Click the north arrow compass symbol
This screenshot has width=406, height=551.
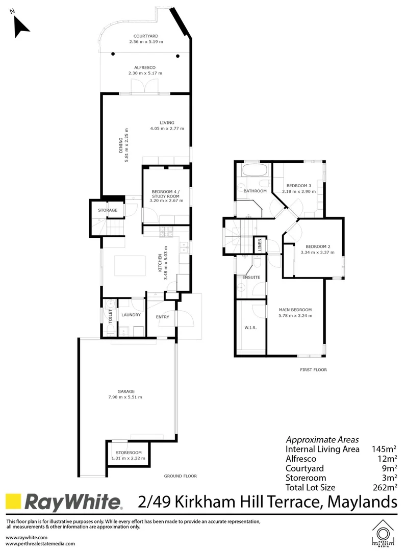pos(20,26)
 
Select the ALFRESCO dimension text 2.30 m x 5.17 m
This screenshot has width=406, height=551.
pos(145,73)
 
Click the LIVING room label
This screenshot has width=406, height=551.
pos(167,122)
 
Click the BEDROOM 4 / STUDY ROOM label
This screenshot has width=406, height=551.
pos(166,194)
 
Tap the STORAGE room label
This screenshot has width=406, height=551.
pos(108,210)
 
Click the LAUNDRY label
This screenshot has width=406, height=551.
pos(131,315)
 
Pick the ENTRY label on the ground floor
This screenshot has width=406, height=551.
pos(162,317)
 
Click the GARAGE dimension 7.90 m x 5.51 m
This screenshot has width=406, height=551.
pos(125,397)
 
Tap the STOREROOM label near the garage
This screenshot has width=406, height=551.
pos(128,453)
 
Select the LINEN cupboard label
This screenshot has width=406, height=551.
pos(260,245)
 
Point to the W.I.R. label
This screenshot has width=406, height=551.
pos(250,327)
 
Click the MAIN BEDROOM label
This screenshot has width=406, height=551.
pos(295,310)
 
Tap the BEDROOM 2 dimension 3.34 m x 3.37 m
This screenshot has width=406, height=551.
pos(317,252)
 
